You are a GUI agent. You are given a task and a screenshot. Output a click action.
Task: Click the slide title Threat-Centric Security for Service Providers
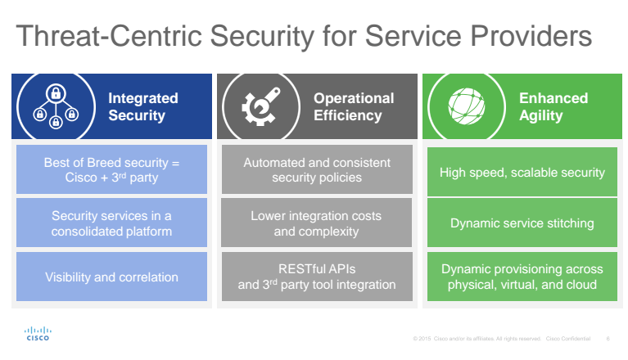pyautogui.click(x=303, y=38)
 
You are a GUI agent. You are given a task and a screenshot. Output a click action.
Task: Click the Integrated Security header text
pyautogui.click(x=142, y=106)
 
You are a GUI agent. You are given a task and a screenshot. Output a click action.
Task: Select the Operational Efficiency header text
pyautogui.click(x=354, y=106)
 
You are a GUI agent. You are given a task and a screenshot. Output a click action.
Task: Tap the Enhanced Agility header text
pyautogui.click(x=553, y=106)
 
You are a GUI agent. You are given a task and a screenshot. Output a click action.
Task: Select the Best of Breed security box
pyautogui.click(x=111, y=171)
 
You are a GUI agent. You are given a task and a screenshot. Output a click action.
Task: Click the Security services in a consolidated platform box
pyautogui.click(x=111, y=223)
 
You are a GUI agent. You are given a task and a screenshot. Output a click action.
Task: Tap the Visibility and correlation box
pyautogui.click(x=111, y=277)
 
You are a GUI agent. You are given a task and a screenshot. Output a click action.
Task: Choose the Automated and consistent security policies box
pyautogui.click(x=317, y=171)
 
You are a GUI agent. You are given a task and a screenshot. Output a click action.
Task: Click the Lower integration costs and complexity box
pyautogui.click(x=317, y=223)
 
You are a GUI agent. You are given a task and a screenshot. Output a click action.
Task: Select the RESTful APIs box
pyautogui.click(x=317, y=277)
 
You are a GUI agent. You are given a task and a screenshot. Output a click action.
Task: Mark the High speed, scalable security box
pyautogui.click(x=522, y=172)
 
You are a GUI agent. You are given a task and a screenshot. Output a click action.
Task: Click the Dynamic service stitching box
pyautogui.click(x=522, y=223)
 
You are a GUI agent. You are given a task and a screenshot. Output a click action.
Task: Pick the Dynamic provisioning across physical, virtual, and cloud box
pyautogui.click(x=522, y=277)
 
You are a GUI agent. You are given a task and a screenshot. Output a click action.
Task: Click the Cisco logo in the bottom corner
pyautogui.click(x=38, y=334)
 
